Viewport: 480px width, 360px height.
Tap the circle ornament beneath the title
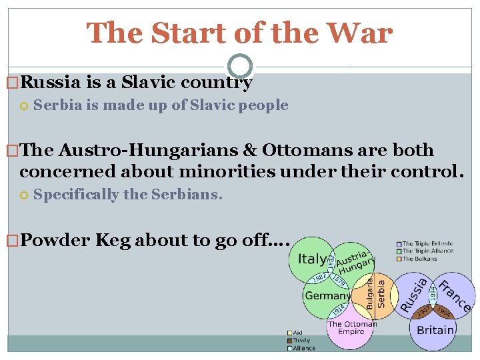pyautogui.click(x=240, y=66)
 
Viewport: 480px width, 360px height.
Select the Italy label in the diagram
pyautogui.click(x=312, y=259)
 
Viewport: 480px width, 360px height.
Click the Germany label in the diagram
pyautogui.click(x=327, y=295)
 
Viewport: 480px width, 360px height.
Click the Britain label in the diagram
pyautogui.click(x=435, y=329)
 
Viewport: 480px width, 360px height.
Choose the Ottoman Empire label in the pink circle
pyautogui.click(x=351, y=328)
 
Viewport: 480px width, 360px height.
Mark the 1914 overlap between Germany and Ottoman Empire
pyautogui.click(x=339, y=311)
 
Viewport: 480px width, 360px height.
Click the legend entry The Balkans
pyautogui.click(x=421, y=258)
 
